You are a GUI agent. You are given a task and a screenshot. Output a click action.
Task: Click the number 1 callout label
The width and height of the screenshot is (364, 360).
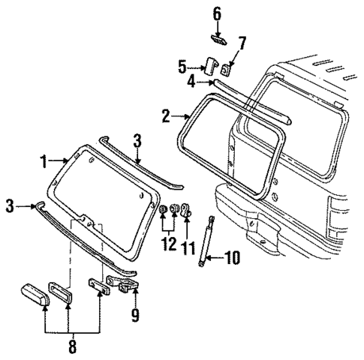(x=44, y=160)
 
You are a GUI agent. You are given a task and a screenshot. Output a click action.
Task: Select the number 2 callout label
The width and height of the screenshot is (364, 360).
(x=166, y=116)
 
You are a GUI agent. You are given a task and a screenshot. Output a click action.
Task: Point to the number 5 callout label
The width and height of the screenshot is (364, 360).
(x=182, y=67)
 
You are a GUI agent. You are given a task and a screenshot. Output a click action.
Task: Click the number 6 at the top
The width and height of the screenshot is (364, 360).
(x=218, y=13)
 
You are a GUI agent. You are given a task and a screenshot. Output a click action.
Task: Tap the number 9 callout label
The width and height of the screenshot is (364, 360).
(x=136, y=316)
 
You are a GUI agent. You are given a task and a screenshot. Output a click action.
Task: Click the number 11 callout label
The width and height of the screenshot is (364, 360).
(x=186, y=245)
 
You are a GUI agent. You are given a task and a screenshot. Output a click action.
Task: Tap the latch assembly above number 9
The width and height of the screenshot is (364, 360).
(x=125, y=283)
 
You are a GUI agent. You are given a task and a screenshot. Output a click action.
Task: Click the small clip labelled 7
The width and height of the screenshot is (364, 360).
(x=227, y=69)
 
